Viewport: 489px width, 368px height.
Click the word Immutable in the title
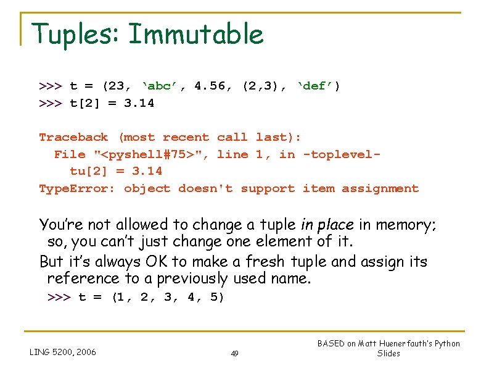(196, 34)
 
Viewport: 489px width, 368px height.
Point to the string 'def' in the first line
(318, 86)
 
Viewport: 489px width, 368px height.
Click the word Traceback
(73, 137)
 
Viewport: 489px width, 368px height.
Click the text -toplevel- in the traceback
(342, 154)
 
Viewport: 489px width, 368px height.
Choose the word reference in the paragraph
(83, 278)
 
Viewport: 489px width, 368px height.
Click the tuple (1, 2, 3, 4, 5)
(168, 298)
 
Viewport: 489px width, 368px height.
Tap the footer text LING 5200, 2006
(63, 352)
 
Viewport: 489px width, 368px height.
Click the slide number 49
(234, 353)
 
